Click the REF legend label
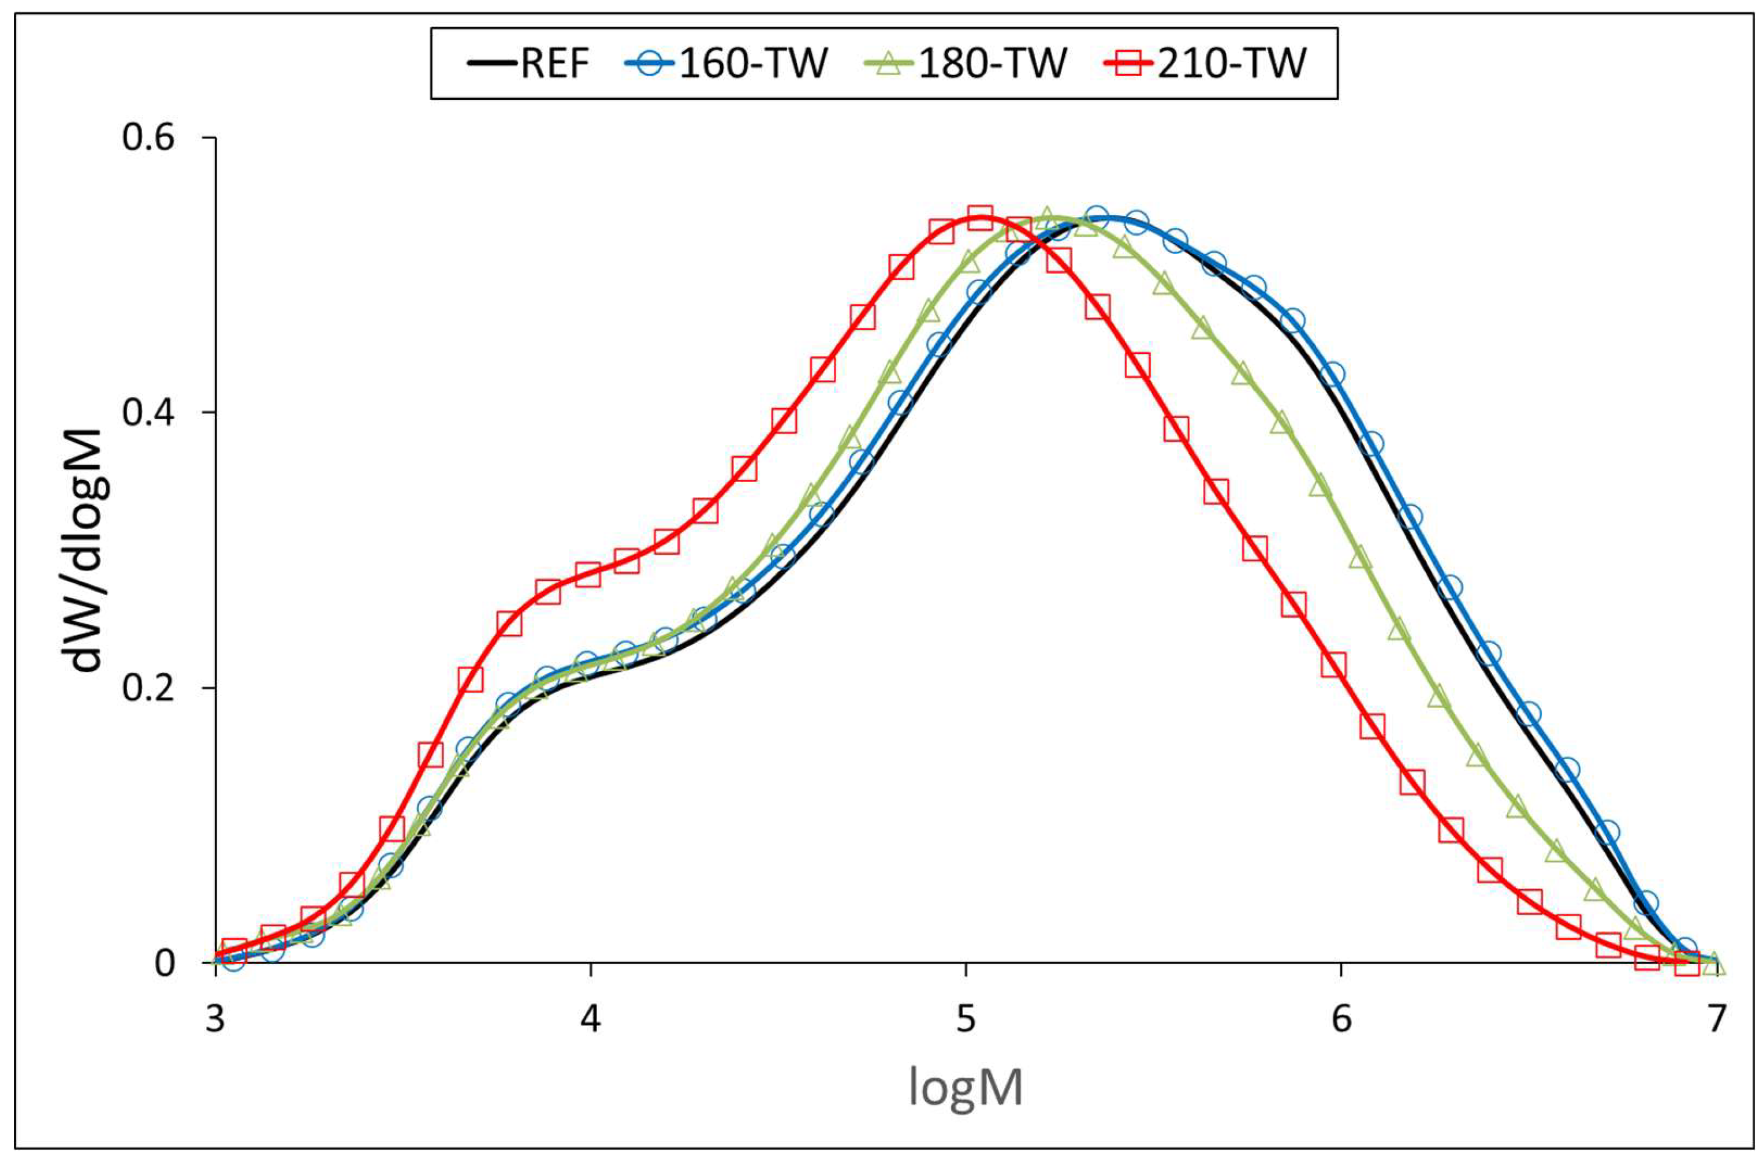point(555,64)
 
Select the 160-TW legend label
point(754,64)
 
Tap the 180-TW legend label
point(993,64)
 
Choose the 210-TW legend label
point(1232,64)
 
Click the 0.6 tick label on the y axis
point(148,139)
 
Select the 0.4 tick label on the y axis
point(148,413)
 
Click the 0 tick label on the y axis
point(165,963)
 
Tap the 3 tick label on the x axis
point(216,1018)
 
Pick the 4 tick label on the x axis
point(591,1018)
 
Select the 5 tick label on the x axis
point(966,1018)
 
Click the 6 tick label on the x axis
point(1341,1018)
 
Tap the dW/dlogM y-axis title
point(88,550)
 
